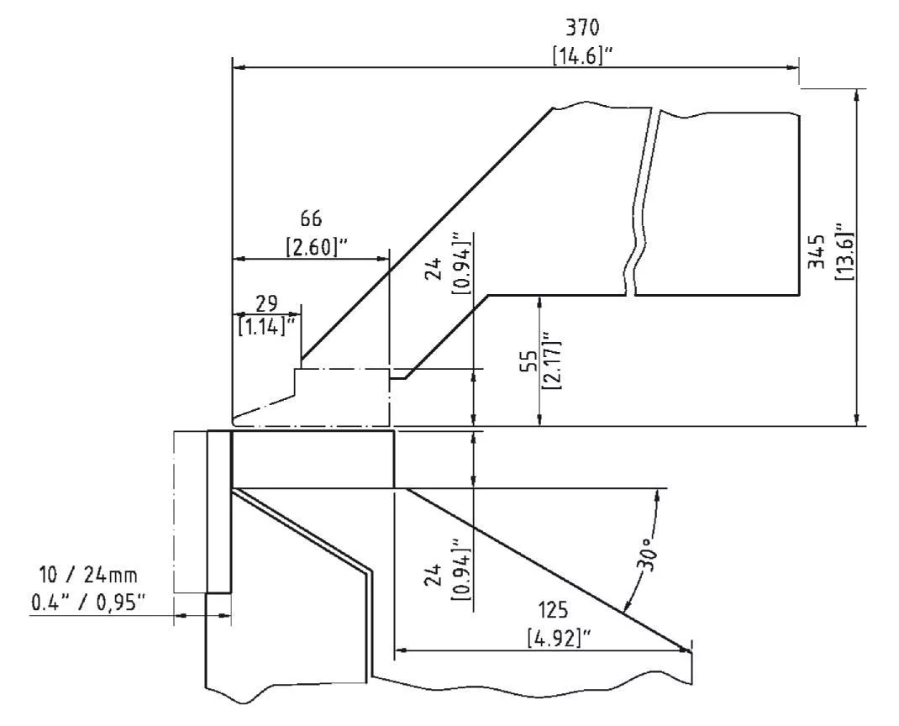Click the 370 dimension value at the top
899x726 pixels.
(x=582, y=28)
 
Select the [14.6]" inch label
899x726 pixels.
(x=582, y=55)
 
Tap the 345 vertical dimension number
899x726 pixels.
(x=816, y=251)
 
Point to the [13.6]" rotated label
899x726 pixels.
(x=844, y=251)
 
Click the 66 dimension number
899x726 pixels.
(x=312, y=218)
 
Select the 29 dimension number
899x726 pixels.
(x=266, y=302)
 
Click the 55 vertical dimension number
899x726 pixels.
(x=532, y=362)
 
